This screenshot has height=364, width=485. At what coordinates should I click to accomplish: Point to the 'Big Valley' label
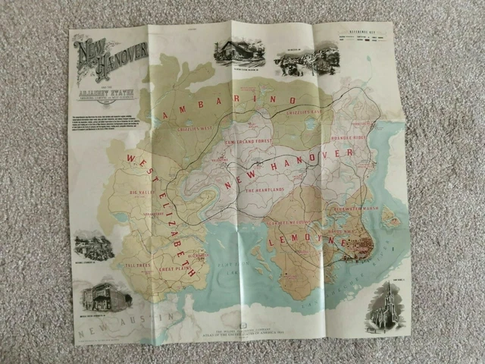click(142, 193)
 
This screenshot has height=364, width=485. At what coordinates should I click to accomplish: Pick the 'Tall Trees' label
click(140, 265)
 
